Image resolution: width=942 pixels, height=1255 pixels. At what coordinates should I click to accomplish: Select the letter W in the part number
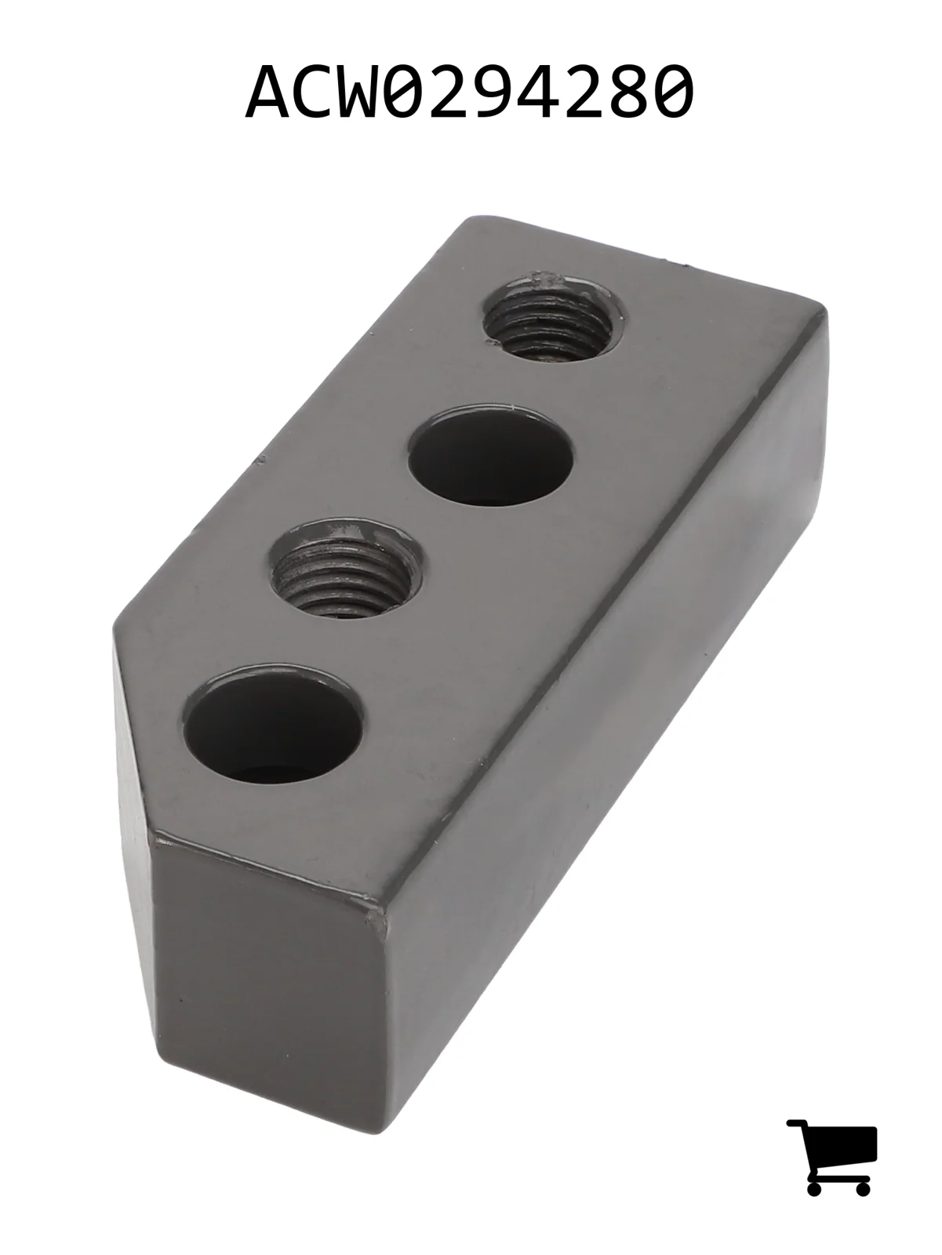(368, 92)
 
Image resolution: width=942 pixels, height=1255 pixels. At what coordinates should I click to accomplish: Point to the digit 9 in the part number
(519, 92)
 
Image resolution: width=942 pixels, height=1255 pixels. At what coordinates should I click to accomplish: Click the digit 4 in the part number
(569, 92)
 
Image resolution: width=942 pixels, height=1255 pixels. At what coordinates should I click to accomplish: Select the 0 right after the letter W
(418, 92)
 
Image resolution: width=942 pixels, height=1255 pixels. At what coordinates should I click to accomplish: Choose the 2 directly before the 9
(468, 92)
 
